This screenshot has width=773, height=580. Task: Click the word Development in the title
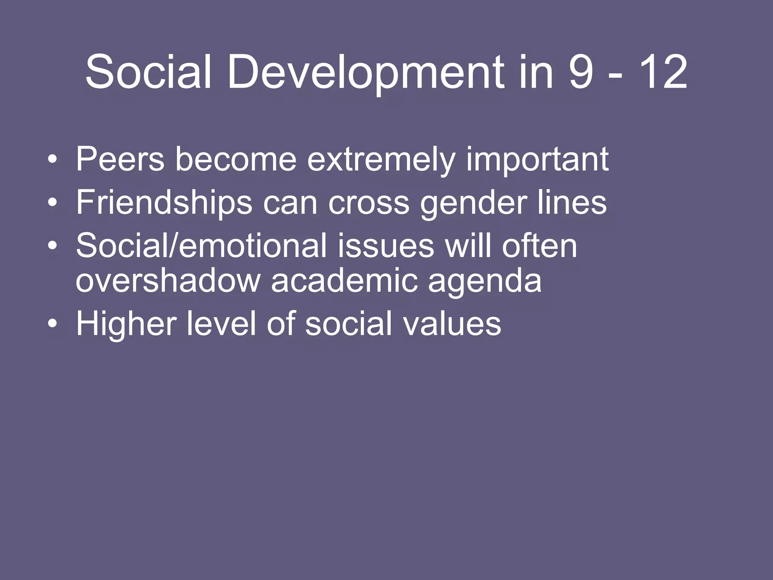tap(365, 72)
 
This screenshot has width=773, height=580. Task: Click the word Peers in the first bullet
tap(120, 159)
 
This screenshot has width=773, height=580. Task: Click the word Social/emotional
tap(201, 246)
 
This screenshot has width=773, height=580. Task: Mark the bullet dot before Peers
tap(53, 160)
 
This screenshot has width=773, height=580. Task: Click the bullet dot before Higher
tap(53, 324)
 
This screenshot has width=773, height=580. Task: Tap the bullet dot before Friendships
tap(53, 203)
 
